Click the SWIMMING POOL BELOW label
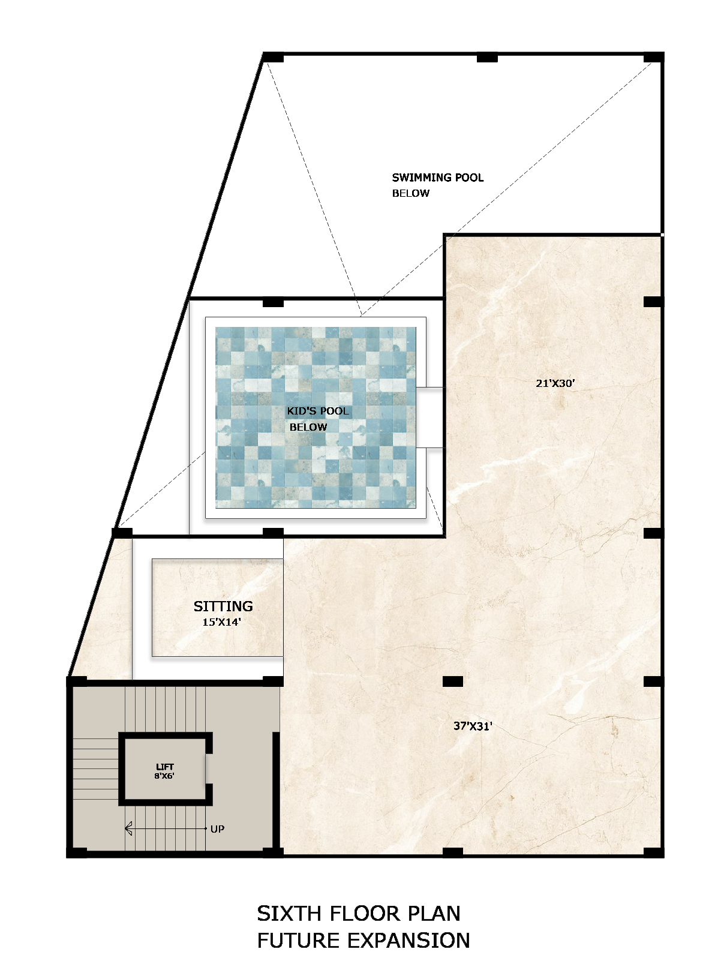click(437, 185)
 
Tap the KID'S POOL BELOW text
click(317, 419)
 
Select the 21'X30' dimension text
click(555, 383)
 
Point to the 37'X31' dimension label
click(473, 726)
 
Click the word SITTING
click(223, 606)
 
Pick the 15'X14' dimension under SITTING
click(221, 622)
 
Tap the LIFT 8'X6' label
click(164, 771)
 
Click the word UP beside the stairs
click(217, 829)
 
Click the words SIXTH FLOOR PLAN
click(359, 914)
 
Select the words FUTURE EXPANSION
click(363, 940)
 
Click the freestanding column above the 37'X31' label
click(453, 681)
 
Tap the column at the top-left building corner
click(273, 58)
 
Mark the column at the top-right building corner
click(653, 58)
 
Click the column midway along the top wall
click(487, 58)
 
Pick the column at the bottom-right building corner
click(653, 852)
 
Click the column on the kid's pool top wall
click(273, 302)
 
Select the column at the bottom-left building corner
click(76, 852)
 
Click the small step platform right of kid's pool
click(431, 418)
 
